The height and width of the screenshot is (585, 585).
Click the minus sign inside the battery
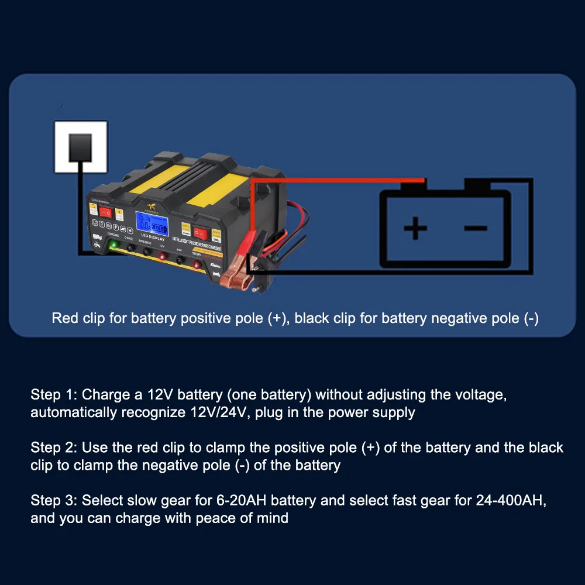pyautogui.click(x=475, y=227)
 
